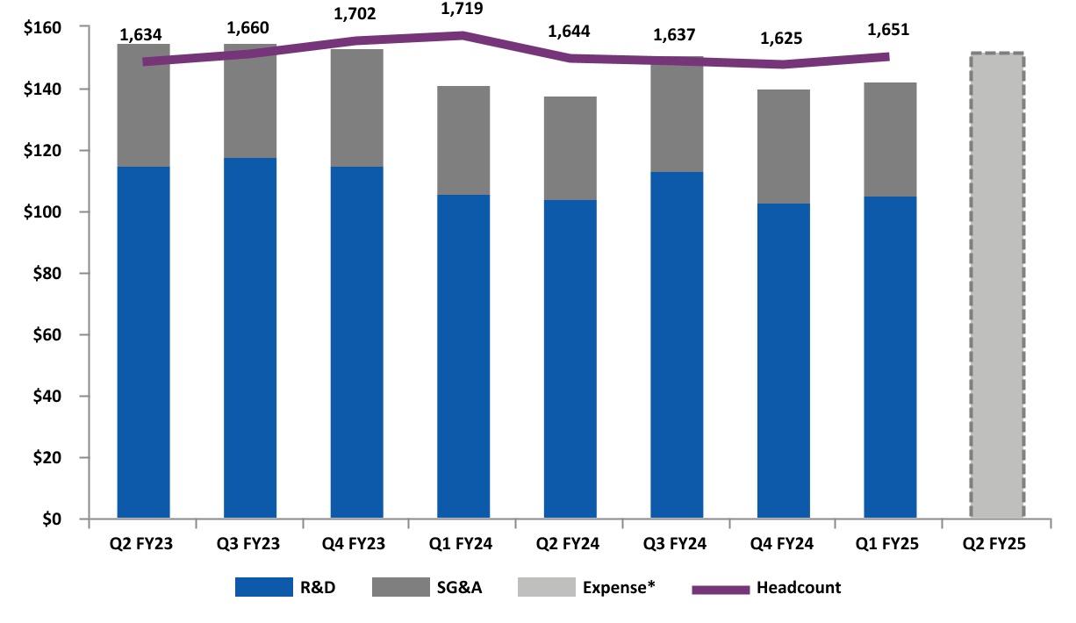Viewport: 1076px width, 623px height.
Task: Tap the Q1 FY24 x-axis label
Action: click(463, 544)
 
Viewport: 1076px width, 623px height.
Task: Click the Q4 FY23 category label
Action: click(356, 544)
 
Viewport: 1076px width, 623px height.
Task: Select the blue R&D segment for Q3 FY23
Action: click(250, 338)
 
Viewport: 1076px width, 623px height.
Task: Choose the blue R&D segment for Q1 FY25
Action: click(890, 357)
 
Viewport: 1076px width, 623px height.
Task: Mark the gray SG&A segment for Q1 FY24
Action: click(463, 140)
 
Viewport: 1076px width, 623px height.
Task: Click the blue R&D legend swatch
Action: click(263, 588)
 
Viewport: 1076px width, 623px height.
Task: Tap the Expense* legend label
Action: click(620, 588)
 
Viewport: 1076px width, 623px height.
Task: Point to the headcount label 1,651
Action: click(888, 30)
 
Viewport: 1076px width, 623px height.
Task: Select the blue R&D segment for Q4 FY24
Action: click(783, 361)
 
